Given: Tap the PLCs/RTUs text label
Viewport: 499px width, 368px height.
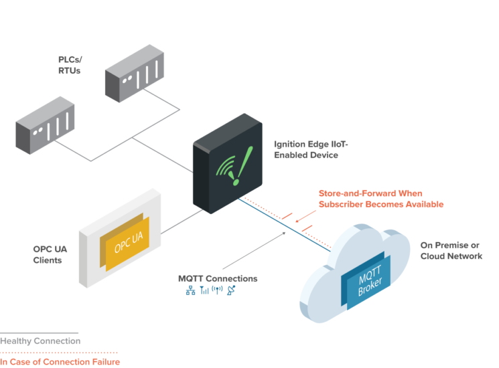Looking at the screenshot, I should tap(70, 65).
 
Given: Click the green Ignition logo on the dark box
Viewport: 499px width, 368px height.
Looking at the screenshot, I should tap(232, 165).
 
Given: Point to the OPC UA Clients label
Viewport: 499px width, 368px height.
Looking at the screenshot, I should tap(48, 254).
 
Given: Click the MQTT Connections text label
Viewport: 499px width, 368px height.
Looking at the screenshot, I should tap(218, 278).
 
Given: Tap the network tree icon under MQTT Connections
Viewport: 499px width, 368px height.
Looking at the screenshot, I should tap(190, 291).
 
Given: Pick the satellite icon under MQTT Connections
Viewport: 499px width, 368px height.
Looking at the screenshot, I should tap(231, 291).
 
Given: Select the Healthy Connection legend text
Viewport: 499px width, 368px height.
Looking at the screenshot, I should tap(40, 341).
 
